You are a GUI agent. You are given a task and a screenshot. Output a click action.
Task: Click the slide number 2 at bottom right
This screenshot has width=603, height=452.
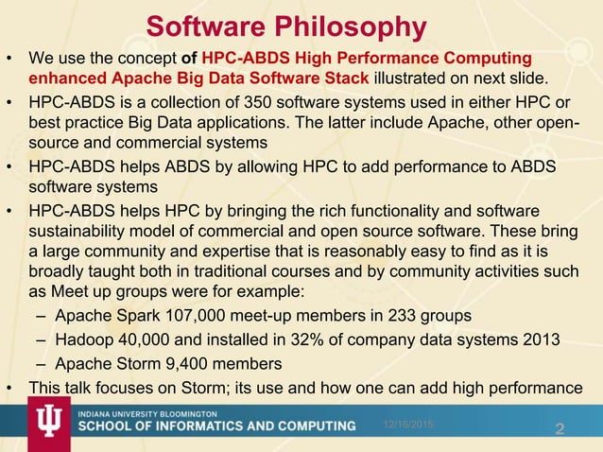tap(560, 430)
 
